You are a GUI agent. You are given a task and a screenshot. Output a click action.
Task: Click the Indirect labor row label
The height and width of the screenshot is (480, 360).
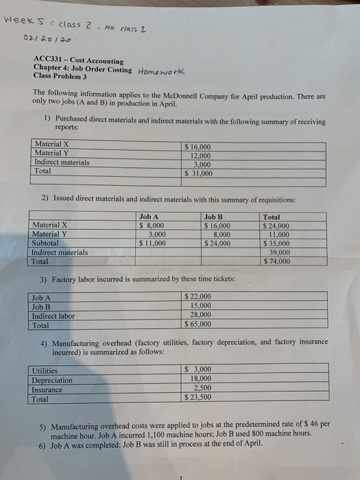53,315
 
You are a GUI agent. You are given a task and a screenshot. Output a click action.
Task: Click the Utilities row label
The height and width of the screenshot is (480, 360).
47,370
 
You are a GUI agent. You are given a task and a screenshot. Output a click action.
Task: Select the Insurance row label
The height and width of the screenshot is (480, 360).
48,389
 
